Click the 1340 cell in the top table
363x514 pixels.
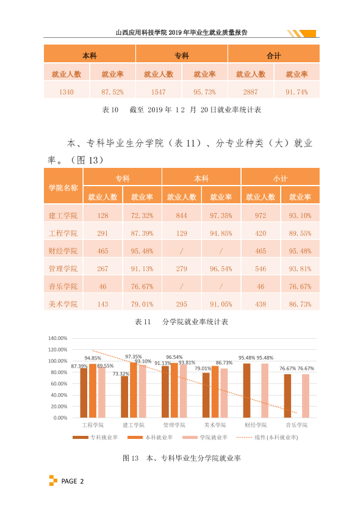66,92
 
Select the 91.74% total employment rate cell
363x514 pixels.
297,92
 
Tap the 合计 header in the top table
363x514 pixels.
274,56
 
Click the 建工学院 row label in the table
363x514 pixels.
63,215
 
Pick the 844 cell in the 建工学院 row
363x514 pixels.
182,215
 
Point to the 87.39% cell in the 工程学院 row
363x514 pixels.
142,233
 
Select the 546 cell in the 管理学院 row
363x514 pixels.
261,269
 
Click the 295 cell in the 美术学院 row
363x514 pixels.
182,304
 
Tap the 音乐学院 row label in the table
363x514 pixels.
63,286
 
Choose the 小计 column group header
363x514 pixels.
281,179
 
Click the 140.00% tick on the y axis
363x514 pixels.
58,338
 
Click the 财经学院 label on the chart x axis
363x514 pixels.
256,425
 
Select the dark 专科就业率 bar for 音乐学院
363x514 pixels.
287,396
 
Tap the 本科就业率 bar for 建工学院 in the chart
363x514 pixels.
134,390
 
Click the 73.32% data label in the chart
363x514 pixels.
121,374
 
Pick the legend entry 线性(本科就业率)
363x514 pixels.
267,437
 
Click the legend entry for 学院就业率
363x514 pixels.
205,437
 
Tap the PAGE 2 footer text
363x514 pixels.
73,481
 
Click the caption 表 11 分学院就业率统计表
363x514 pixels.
182,322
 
